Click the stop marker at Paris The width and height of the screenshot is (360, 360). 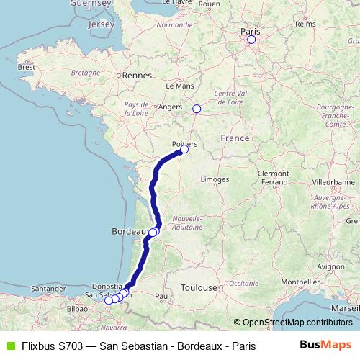[x=251, y=40]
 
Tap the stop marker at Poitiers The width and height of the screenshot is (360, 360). [x=184, y=150]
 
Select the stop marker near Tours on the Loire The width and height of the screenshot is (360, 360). [x=197, y=109]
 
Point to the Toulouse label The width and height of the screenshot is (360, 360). [x=199, y=287]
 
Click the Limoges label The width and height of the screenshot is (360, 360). [x=215, y=179]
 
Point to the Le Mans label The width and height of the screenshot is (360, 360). [x=180, y=85]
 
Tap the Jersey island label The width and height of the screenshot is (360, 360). [x=100, y=24]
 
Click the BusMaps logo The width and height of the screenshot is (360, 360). [x=325, y=345]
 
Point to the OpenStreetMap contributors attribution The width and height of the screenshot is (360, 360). [x=293, y=323]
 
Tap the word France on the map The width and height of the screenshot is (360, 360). [x=235, y=138]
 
